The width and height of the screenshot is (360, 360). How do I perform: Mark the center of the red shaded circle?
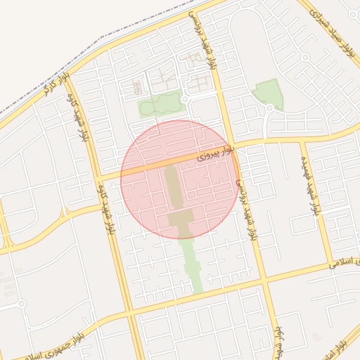coord(180,179)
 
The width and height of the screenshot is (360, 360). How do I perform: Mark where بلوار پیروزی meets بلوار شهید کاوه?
coord(101,175)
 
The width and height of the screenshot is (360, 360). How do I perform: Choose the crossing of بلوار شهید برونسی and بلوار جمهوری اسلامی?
coord(265,281)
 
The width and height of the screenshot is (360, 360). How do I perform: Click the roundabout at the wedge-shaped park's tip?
coord(269,108)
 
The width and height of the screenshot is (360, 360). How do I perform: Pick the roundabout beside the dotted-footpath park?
coord(184,101)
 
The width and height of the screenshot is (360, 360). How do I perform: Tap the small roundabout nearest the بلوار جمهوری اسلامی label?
coord(21,304)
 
